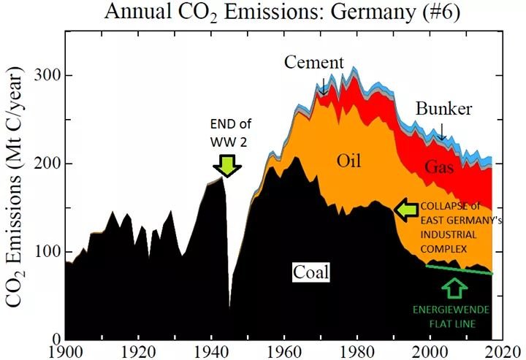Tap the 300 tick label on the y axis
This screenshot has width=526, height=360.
[x=45, y=76]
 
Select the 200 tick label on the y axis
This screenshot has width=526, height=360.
[x=45, y=164]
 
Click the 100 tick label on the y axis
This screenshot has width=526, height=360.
[x=45, y=251]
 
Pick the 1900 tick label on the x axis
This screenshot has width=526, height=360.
[x=65, y=350]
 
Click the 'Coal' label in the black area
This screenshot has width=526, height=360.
[x=311, y=273]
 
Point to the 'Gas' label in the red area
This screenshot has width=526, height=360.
[x=438, y=167]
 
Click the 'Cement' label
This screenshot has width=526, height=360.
[x=313, y=63]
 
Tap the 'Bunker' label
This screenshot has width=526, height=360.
[x=444, y=110]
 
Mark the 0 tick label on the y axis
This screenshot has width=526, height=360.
[x=52, y=339]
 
